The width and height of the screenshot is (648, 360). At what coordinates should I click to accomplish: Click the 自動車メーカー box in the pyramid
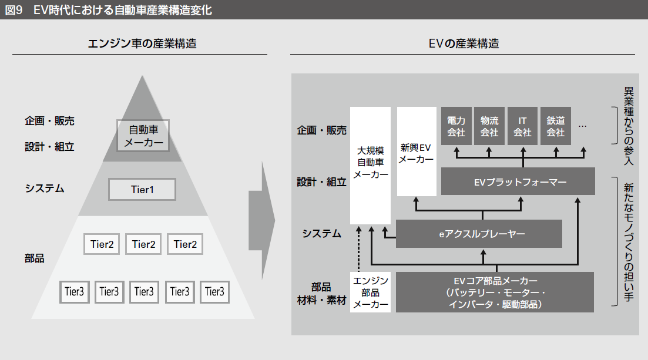[143, 136]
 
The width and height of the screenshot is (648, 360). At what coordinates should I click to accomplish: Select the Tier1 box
[142, 190]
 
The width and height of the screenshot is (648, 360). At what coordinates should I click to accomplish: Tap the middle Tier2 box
[143, 244]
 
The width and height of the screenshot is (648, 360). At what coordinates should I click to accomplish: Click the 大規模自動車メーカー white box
[370, 164]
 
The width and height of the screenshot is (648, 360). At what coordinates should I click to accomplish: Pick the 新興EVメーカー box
[417, 152]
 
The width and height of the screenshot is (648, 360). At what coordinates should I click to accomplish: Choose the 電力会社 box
[456, 126]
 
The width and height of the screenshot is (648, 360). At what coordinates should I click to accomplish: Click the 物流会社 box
[489, 126]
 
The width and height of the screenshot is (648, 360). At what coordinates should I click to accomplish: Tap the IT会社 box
[522, 126]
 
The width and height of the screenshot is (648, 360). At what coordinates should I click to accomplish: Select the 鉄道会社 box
[555, 126]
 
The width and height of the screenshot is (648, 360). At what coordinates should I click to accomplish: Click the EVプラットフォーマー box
[518, 181]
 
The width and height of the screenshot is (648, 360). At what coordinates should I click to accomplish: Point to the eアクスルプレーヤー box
[479, 234]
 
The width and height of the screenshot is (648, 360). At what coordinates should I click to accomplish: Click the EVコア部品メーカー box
[495, 292]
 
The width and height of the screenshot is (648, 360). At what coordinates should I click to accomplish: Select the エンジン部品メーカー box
[370, 292]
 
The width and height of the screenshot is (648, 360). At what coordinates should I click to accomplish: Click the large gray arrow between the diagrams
[261, 218]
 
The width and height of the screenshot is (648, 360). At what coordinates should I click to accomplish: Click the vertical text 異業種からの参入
[629, 126]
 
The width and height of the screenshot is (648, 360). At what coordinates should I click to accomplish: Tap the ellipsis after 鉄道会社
[583, 126]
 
